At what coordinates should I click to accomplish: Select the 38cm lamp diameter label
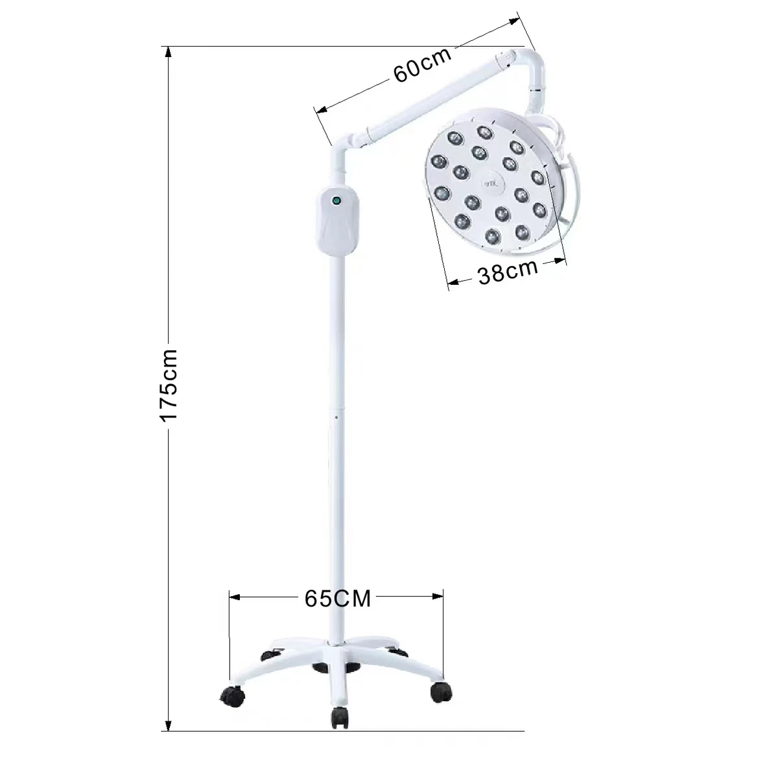(x=508, y=271)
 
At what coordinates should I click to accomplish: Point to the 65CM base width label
(x=337, y=599)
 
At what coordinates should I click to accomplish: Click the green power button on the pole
(x=336, y=200)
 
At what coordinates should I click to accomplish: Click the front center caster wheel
(x=339, y=716)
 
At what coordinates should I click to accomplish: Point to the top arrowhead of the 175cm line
(x=169, y=52)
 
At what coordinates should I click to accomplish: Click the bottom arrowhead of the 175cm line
(x=169, y=725)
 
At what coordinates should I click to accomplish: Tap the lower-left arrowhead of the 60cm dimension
(x=320, y=111)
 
